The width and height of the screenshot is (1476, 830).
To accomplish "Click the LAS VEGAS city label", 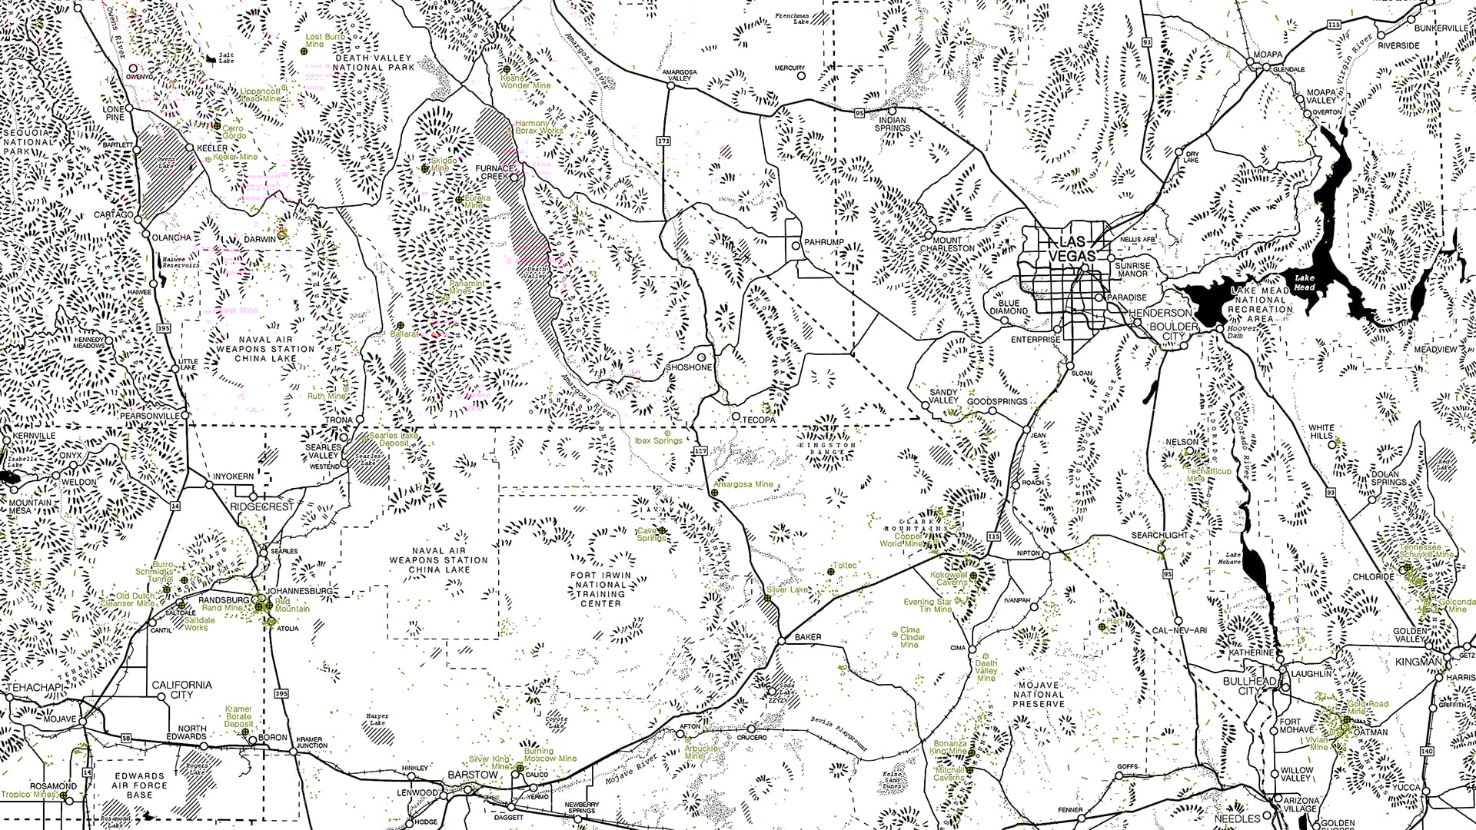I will [1074, 247].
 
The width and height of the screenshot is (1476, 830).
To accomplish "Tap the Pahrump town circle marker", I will [796, 246].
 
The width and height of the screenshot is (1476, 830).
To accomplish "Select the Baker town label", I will [808, 636].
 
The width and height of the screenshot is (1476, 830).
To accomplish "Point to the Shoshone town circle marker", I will [701, 357].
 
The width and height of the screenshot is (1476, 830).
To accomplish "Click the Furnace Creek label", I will [494, 172].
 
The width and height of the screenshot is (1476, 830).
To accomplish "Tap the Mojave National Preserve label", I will [1039, 694].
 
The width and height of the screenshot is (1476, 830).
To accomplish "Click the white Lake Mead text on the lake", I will [1305, 282].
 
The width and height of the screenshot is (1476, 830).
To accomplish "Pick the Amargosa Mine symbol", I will [714, 493].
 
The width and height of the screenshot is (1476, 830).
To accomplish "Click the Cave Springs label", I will [651, 533].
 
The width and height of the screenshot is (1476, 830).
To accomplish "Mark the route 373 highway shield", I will [664, 141].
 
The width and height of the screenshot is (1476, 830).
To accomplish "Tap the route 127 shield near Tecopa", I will [699, 451].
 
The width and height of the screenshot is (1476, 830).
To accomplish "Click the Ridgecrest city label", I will [263, 507].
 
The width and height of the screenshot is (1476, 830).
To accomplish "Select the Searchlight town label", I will [1159, 535].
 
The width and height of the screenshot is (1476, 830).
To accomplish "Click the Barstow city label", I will [473, 775].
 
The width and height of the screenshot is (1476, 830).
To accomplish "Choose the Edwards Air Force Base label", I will [140, 785].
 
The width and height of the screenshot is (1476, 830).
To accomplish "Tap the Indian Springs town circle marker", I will [893, 109].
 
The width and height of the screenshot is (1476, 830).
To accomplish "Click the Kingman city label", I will [1419, 662].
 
